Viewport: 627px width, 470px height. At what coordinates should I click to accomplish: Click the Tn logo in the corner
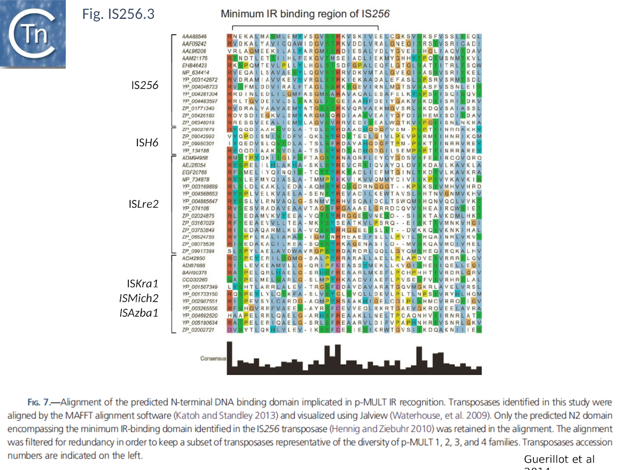coord(32,34)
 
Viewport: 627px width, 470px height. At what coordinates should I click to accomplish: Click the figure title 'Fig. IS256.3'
coord(118,14)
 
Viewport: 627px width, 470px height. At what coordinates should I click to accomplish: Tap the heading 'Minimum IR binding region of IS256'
coord(305,14)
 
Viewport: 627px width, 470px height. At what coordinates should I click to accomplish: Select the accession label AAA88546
coord(194,36)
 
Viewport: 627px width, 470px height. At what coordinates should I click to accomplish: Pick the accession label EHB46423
coord(194,65)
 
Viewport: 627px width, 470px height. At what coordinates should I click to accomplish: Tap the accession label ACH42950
coord(194,258)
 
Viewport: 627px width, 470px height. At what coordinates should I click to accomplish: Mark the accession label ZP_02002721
coord(198,330)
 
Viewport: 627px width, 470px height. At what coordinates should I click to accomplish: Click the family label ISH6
coord(147,143)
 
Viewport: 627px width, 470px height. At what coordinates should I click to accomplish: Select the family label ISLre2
coord(143,204)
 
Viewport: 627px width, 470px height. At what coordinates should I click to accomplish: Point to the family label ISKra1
coord(142,283)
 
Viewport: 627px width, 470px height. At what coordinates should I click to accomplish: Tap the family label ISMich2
coord(139,298)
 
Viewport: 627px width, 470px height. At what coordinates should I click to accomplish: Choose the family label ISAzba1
coord(139,313)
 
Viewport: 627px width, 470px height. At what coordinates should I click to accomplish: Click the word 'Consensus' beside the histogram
coord(213,358)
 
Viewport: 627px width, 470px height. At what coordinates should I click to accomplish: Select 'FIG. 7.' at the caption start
coord(39,402)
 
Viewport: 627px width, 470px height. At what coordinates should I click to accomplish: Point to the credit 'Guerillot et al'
coord(559,459)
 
